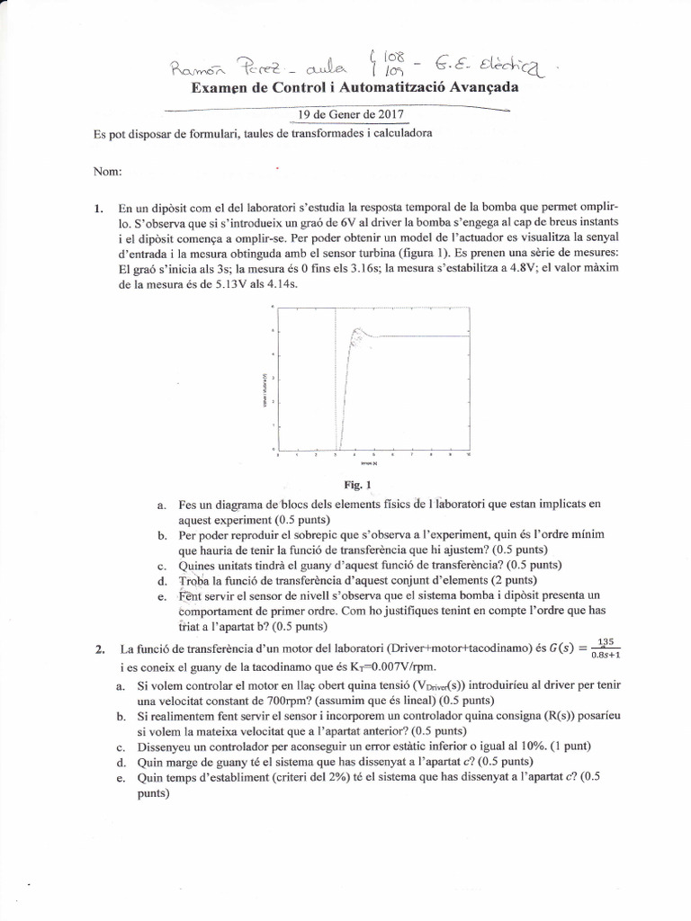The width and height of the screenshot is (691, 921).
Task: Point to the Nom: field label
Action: point(107,171)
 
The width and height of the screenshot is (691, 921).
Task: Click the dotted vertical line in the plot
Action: point(337,387)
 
